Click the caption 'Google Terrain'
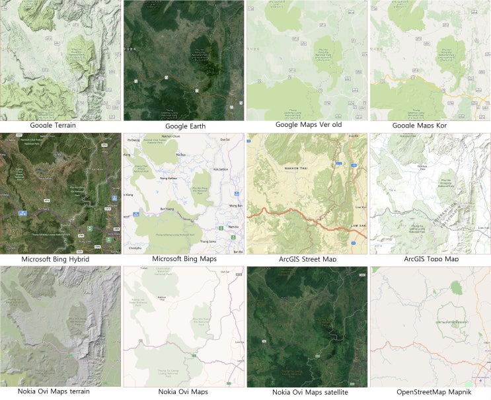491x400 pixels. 61,124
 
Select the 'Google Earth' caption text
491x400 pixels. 185,126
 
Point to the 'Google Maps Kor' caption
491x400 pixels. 430,125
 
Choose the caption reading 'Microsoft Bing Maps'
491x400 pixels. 185,259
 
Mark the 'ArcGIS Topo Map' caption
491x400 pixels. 431,259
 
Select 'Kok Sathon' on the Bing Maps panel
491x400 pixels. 221,169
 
